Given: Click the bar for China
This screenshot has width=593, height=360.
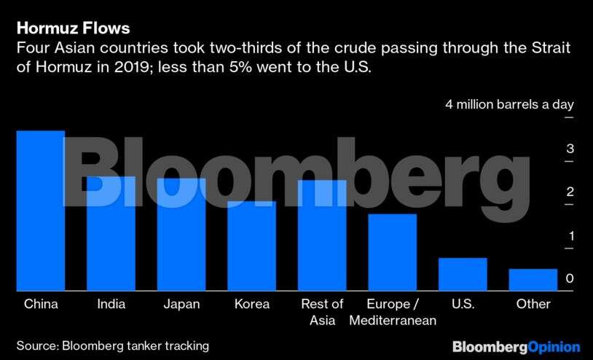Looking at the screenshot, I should coord(40,211).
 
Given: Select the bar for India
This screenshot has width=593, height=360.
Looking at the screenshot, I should coord(111,234).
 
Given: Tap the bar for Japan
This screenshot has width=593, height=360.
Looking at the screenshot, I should coord(181,235).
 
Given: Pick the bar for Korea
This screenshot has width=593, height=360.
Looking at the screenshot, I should coord(251,246).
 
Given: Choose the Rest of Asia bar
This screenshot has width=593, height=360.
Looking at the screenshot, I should coord(322,235).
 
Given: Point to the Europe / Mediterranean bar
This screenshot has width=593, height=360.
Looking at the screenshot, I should coord(392,252).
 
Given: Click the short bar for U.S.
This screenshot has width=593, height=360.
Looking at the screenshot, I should coord(463,275).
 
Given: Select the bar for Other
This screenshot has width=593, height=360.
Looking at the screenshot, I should coord(533,280).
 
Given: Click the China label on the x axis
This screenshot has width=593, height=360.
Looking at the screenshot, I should coord(41,304).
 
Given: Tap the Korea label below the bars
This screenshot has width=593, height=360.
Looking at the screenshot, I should coord(252,304).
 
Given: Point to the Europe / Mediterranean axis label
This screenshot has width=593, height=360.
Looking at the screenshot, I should coord(392,312).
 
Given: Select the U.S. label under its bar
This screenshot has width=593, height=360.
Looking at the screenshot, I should coord(463,304).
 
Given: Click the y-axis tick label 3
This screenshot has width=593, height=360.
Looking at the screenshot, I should coord(570,149).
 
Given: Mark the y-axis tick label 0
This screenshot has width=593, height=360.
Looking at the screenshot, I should coord(570,278).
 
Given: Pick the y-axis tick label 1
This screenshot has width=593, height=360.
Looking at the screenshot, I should coord(570,235).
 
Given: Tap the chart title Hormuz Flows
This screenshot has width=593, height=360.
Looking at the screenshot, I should coord(73,28).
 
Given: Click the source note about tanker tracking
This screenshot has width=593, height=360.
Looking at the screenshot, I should coord(113,345).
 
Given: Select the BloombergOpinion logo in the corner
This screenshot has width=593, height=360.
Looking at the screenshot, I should coord(516,347).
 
